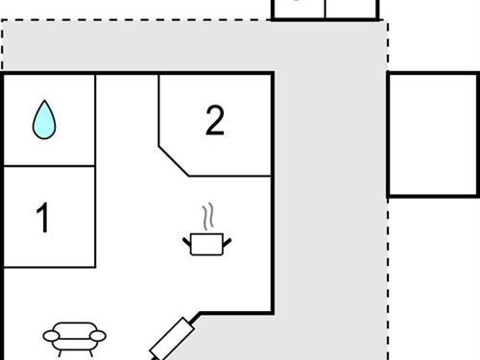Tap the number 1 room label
pyautogui.click(x=42, y=219)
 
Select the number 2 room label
pyautogui.click(x=215, y=121)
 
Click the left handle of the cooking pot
pyautogui.click(x=186, y=239)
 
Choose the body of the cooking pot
pyautogui.click(x=205, y=244)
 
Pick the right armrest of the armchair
pyautogui.click(x=100, y=337)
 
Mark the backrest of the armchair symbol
pyautogui.click(x=75, y=327)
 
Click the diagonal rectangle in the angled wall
pyautogui.click(x=174, y=339)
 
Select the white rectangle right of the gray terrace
pyautogui.click(x=433, y=134)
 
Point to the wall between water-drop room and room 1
pyautogui.click(x=49, y=166)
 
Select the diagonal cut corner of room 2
pyautogui.click(x=174, y=161)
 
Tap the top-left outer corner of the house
pyautogui.click(x=3, y=74)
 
